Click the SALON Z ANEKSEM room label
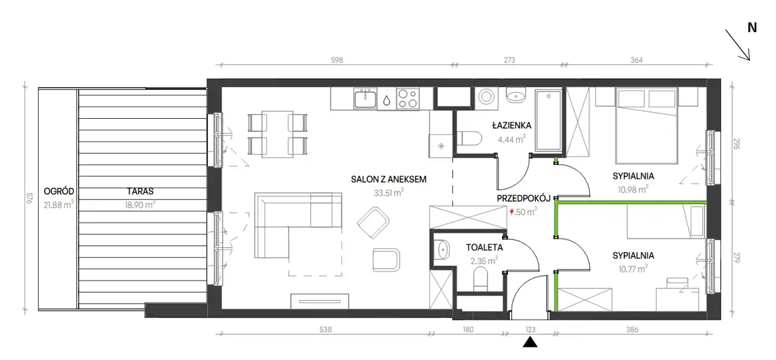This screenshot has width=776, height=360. tap(389, 179)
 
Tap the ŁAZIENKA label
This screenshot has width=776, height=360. tap(512, 125)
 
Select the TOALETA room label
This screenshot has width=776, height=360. tap(484, 247)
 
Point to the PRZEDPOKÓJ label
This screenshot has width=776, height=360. tap(523, 198)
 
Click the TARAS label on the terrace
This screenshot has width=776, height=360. tap(140, 192)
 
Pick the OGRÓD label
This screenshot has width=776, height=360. tap(59, 192)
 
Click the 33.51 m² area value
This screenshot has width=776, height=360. tap(389, 193)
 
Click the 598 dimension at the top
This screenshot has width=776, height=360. tap(336, 60)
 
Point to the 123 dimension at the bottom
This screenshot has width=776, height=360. tap(530, 330)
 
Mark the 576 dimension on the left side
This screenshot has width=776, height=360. tap(29, 198)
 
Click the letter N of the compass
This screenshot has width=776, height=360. tap(752, 27)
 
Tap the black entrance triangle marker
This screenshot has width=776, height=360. tap(530, 342)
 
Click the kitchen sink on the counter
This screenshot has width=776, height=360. tap(365, 99)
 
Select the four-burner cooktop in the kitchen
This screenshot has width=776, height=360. tap(408, 99)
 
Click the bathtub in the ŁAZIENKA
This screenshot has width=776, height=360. tap(549, 121)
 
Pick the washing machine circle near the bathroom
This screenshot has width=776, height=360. tap(486, 96)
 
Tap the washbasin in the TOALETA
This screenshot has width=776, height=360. tap(442, 250)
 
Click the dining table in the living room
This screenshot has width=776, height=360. tap(278, 135)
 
